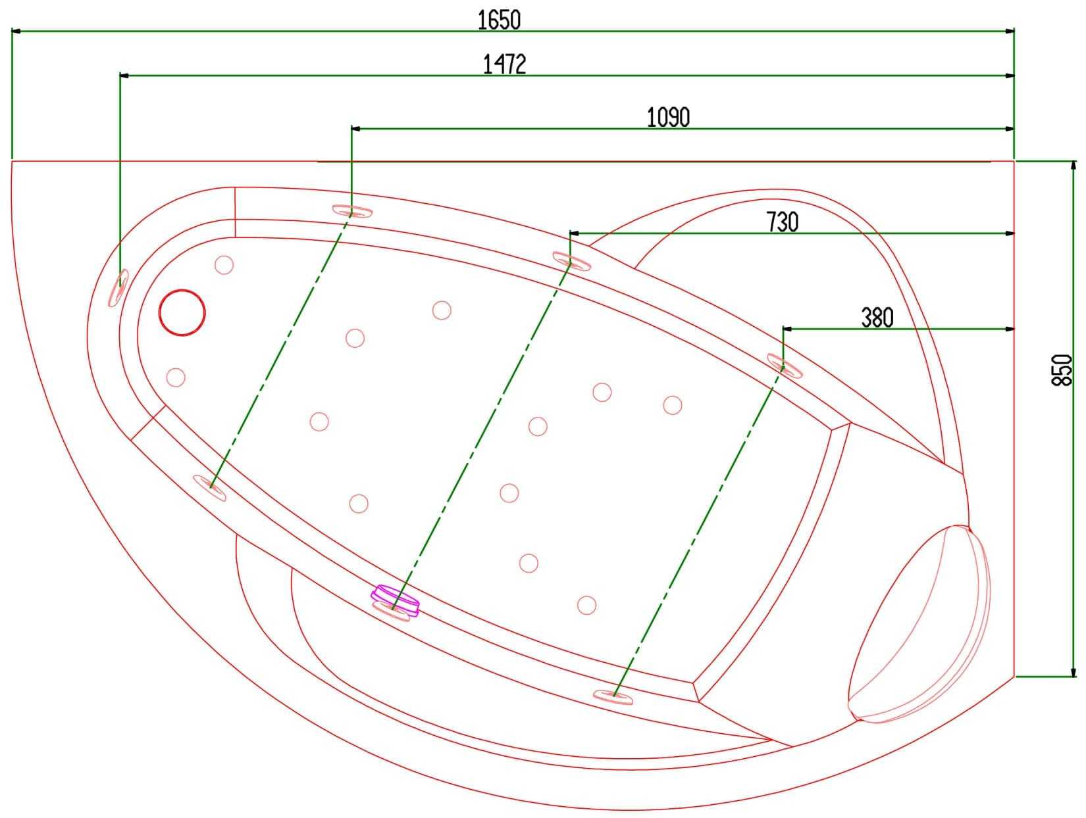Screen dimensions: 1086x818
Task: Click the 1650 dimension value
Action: pyautogui.click(x=499, y=20)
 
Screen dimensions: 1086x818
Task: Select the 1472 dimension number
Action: pyautogui.click(x=504, y=64)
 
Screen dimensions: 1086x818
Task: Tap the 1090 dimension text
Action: pyautogui.click(x=668, y=118)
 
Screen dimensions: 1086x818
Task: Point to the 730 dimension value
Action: pyautogui.click(x=782, y=222)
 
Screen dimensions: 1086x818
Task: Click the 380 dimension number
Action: pyautogui.click(x=877, y=318)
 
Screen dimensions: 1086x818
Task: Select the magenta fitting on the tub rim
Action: pyautogui.click(x=396, y=600)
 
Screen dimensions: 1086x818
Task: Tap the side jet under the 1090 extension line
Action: pyautogui.click(x=351, y=212)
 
